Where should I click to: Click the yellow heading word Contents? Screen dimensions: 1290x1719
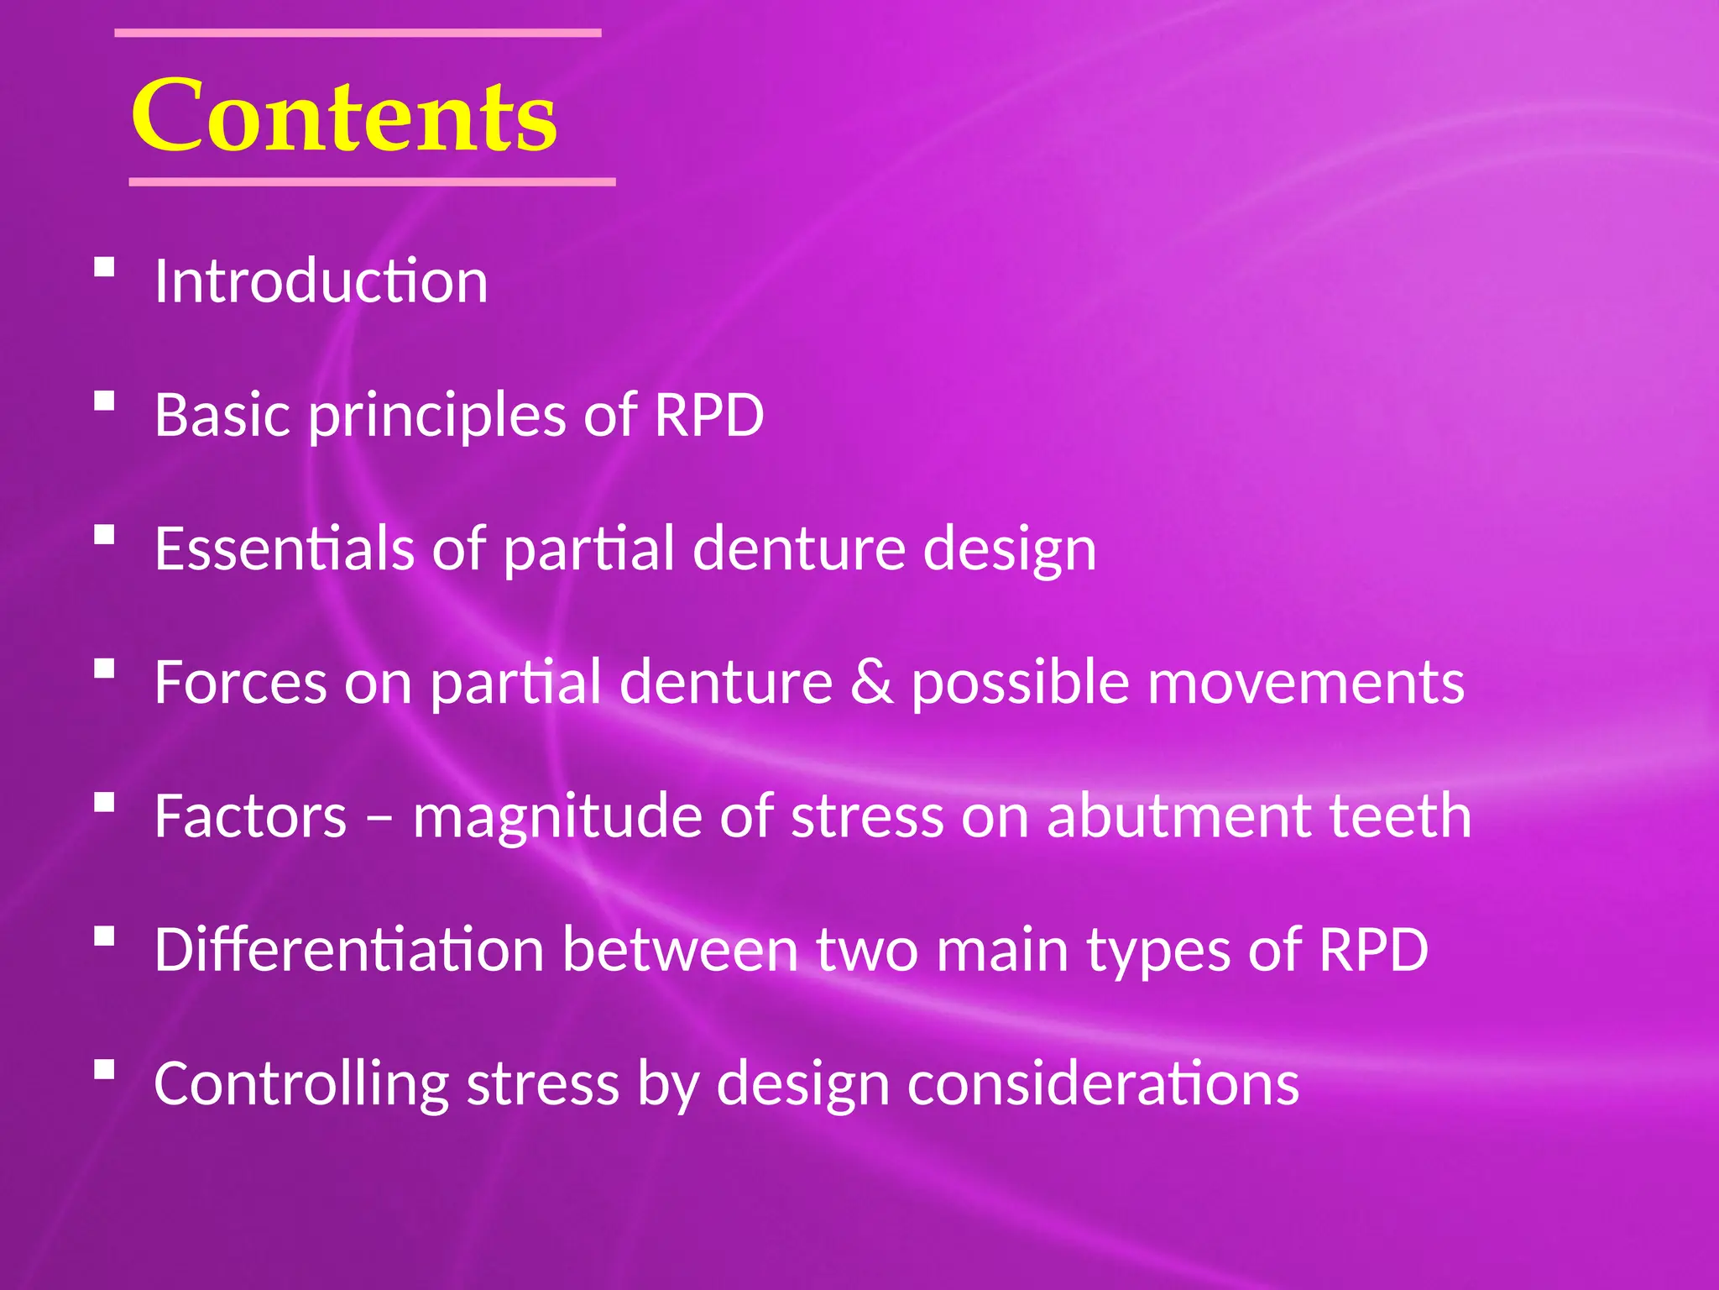click(x=344, y=116)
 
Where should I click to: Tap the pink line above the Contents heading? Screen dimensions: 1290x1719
click(x=358, y=33)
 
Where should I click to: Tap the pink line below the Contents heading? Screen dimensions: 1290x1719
click(x=372, y=181)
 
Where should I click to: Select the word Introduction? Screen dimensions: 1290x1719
click(x=321, y=281)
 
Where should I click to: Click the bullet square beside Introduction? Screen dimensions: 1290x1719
click(x=104, y=267)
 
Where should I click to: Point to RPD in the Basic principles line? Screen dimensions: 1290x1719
click(x=708, y=415)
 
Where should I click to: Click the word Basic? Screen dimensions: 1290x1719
click(x=224, y=415)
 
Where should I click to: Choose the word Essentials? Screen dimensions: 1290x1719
click(x=285, y=548)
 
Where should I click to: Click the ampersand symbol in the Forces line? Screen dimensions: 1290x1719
click(x=872, y=682)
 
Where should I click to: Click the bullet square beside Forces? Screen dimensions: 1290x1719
click(x=104, y=669)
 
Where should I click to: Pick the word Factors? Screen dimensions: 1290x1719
click(x=250, y=816)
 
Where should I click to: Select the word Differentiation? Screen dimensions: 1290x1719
click(x=350, y=950)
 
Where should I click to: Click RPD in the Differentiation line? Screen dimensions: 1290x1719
click(x=1373, y=950)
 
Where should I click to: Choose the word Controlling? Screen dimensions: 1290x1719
click(x=301, y=1084)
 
